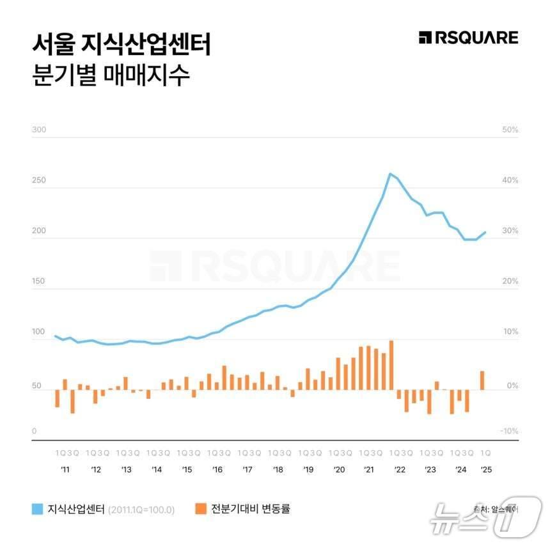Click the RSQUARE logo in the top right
click(x=468, y=38)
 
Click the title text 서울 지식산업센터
click(x=121, y=45)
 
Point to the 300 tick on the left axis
click(x=39, y=130)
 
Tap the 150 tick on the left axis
click(x=39, y=282)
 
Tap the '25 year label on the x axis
click(x=485, y=469)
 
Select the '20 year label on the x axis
click(x=339, y=469)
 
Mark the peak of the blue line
click(x=390, y=173)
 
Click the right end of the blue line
click(x=485, y=232)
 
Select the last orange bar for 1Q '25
click(x=482, y=380)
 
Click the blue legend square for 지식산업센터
click(x=38, y=510)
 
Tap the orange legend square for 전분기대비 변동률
click(x=200, y=510)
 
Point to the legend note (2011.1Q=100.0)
click(x=141, y=510)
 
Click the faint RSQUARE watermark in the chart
click(x=275, y=265)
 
